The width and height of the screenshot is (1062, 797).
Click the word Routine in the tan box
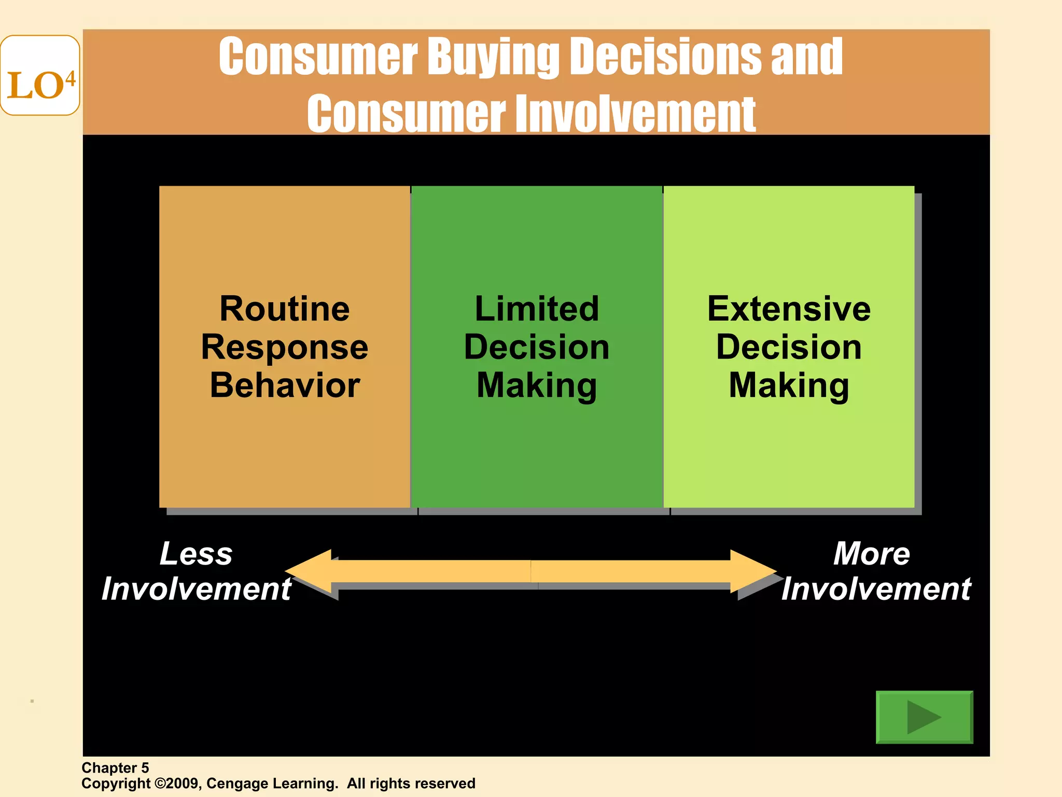pyautogui.click(x=285, y=309)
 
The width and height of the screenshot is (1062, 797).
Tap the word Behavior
pyautogui.click(x=285, y=386)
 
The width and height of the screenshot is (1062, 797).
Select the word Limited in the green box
pyautogui.click(x=537, y=309)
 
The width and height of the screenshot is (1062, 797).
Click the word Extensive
pyautogui.click(x=789, y=309)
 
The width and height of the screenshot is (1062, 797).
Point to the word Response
pyautogui.click(x=285, y=347)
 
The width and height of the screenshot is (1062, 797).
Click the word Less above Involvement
pyautogui.click(x=196, y=554)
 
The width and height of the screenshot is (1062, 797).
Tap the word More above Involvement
pyautogui.click(x=872, y=554)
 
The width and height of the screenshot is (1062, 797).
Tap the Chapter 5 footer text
pyautogui.click(x=115, y=768)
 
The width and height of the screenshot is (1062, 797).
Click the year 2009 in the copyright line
pyautogui.click(x=181, y=784)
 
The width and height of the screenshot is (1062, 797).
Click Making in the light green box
pyautogui.click(x=789, y=386)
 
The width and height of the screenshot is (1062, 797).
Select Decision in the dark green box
pyautogui.click(x=537, y=347)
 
